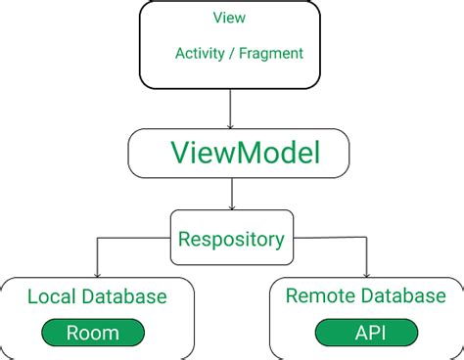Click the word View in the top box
(x=229, y=19)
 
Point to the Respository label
(x=231, y=238)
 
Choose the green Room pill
(x=93, y=333)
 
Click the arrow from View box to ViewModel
(x=231, y=108)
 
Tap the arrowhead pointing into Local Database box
(x=97, y=275)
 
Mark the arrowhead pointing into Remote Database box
(x=366, y=275)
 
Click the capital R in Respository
(x=182, y=238)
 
